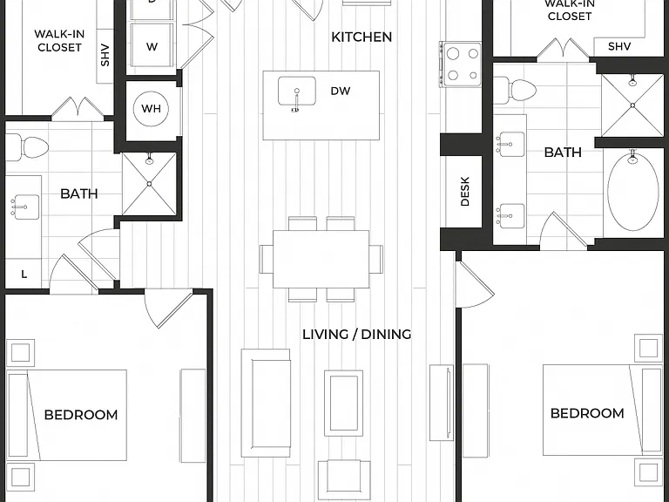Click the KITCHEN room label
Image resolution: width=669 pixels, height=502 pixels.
362,37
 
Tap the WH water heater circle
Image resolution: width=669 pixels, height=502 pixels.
151,108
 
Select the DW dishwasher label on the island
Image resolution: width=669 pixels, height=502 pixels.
340,91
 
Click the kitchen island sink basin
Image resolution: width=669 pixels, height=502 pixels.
297,91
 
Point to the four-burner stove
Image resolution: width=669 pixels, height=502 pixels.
462,64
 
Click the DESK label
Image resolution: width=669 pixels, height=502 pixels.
465,191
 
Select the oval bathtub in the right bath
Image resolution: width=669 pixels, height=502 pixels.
632,191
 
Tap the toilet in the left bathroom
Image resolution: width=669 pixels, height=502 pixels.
27,148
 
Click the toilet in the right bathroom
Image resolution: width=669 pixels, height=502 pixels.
515,90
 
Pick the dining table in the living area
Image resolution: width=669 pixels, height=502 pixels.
321,259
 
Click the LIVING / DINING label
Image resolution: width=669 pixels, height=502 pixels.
356,335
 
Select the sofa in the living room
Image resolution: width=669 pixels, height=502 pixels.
266,403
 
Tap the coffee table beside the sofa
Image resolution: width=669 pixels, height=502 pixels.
343,403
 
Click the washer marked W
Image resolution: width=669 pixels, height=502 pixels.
152,45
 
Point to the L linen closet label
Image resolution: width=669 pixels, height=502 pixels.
24,275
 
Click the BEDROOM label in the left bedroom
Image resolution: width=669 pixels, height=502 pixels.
81,415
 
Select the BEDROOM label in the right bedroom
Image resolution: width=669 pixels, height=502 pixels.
587,413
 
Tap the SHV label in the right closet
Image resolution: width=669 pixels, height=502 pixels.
619,46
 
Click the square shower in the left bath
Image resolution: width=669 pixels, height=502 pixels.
149,184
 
